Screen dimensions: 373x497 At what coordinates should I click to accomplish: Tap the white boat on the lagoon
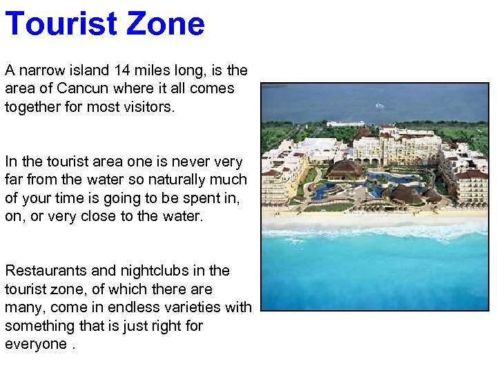[x=379, y=106]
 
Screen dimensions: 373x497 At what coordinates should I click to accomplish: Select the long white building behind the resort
[x=345, y=124]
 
